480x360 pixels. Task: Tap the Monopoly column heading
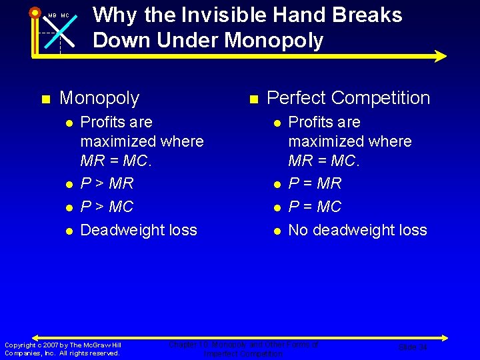[99, 98]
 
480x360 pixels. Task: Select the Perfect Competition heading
[348, 98]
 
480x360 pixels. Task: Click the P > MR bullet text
[107, 183]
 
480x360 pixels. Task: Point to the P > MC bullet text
[107, 207]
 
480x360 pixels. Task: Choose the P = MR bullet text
[315, 183]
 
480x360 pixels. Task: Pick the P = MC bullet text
[315, 207]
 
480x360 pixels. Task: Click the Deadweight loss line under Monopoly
[139, 230]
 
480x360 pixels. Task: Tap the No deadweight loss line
[357, 230]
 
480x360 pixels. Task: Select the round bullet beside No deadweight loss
[276, 231]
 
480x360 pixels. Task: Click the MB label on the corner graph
[52, 15]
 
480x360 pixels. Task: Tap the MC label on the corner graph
[65, 15]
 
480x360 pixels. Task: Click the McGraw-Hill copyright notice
[63, 349]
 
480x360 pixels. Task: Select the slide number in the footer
[412, 347]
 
